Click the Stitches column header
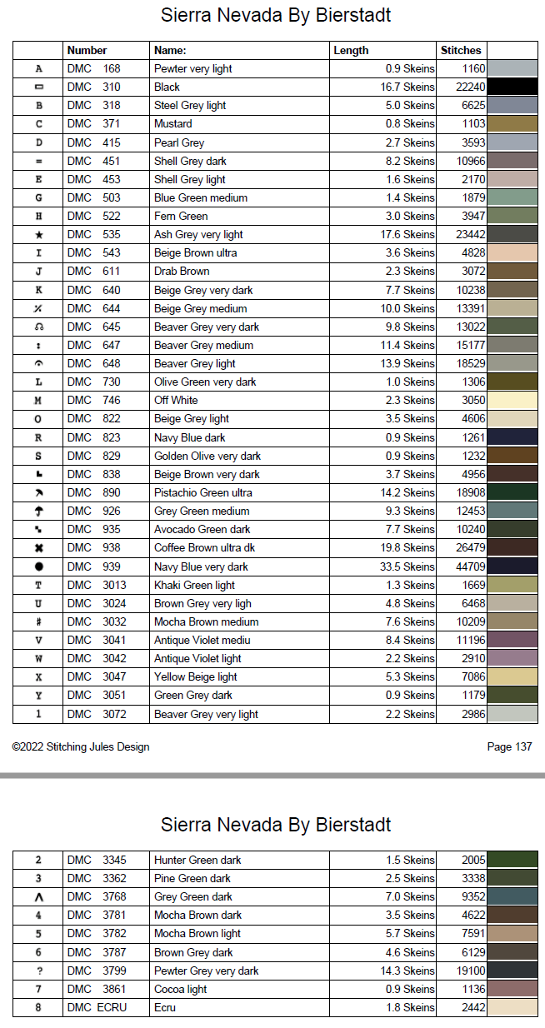pos(461,50)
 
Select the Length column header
pos(351,50)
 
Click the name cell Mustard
pos(173,123)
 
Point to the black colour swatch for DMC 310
pos(512,87)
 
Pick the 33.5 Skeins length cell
pos(408,566)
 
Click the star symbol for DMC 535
pos(38,235)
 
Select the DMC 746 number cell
pos(93,400)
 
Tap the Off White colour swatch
pos(512,400)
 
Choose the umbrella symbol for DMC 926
pos(38,511)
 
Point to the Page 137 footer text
pos(509,746)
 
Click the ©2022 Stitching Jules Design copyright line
pos(81,746)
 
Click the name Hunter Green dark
pos(198,860)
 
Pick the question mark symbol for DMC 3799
pos(38,971)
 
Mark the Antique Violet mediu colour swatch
pos(512,640)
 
